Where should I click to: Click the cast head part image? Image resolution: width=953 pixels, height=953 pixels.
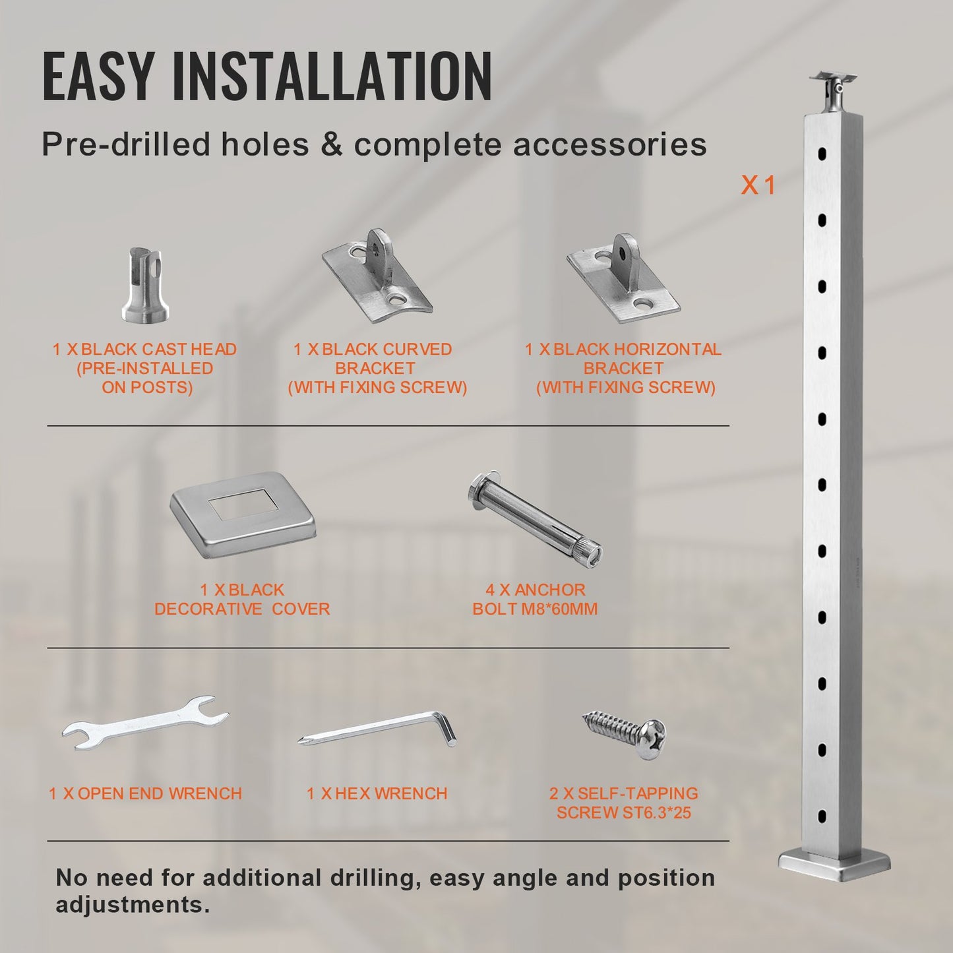(x=145, y=285)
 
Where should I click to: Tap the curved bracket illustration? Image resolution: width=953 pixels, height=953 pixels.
(x=377, y=277)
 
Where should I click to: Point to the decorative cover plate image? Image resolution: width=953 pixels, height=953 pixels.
(x=243, y=512)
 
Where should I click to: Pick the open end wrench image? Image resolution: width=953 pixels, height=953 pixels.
(x=146, y=723)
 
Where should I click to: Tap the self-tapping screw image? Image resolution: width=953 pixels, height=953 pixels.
(x=624, y=733)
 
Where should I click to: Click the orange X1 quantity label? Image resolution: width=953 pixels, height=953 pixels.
(x=758, y=186)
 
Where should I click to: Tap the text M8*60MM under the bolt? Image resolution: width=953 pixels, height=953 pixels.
(x=559, y=609)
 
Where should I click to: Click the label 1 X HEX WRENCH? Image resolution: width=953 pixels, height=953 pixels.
(x=377, y=793)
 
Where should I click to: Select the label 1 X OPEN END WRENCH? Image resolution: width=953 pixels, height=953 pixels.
(x=145, y=793)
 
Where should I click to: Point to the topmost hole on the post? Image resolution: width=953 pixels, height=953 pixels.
(x=822, y=154)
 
